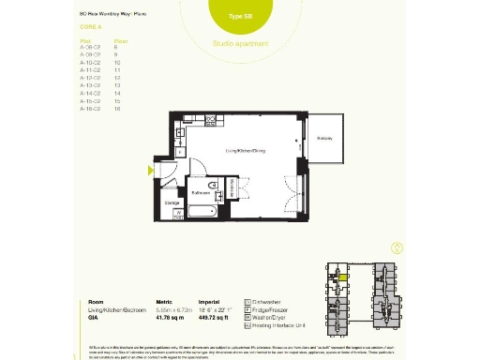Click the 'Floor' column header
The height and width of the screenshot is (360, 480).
[x=120, y=42]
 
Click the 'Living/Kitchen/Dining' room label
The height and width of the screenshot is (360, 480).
[x=247, y=150]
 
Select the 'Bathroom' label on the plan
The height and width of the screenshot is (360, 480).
[x=201, y=192]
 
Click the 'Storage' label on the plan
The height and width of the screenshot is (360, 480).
[x=172, y=202]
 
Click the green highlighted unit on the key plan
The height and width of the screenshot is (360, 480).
[x=343, y=277]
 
